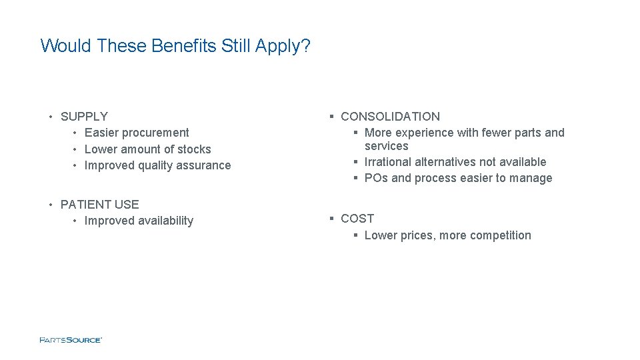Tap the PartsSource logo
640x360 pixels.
(71, 340)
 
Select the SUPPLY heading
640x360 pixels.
(84, 117)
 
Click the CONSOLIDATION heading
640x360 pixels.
(390, 117)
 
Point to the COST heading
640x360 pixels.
(357, 219)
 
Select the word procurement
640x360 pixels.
(155, 133)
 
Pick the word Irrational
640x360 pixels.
(388, 162)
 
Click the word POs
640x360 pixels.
(377, 178)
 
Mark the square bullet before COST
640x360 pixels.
(331, 219)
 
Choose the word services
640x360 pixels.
(387, 146)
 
